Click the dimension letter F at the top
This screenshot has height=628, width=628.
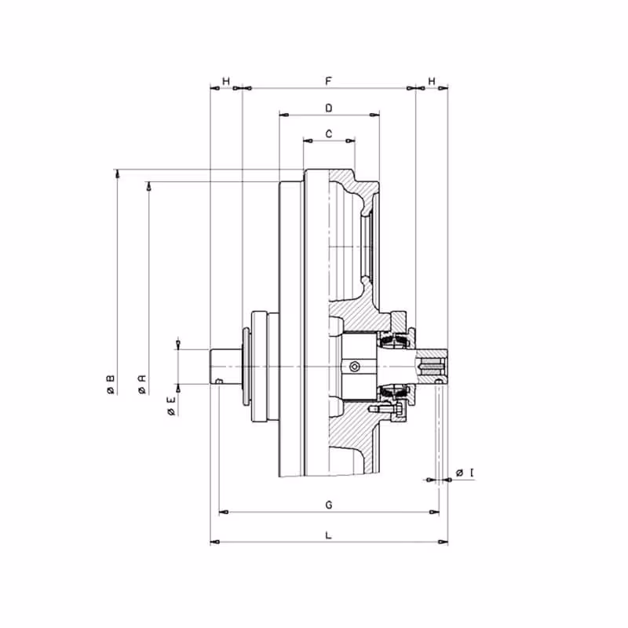point(328,82)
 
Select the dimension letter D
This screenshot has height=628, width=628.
point(329,108)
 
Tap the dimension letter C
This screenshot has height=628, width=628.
point(329,133)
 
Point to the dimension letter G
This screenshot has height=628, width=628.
point(329,505)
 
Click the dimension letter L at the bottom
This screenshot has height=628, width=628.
point(328,535)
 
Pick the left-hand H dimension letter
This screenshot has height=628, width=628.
point(226,82)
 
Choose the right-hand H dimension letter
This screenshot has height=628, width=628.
point(432,82)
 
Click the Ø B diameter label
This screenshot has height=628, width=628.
point(111,385)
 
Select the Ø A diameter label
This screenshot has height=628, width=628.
point(142,385)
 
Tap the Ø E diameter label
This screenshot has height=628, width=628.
point(171,406)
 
